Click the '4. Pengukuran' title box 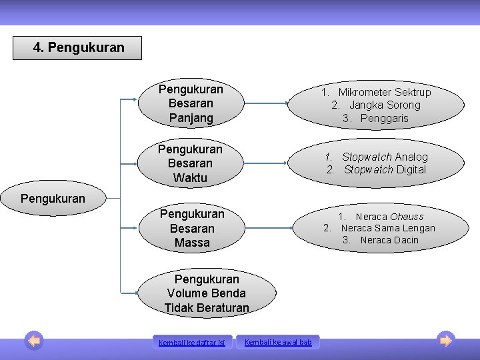(x=77, y=48)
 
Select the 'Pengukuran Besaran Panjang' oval (x=191, y=103)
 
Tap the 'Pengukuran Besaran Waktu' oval (x=191, y=163)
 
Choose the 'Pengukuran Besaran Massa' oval (x=192, y=229)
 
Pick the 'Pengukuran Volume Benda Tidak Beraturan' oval (x=207, y=293)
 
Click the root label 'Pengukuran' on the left (x=53, y=198)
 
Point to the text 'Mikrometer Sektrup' (x=384, y=92)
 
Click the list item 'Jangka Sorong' (x=385, y=105)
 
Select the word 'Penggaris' (x=384, y=118)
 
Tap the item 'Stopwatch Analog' (x=385, y=157)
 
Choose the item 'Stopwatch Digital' (x=385, y=169)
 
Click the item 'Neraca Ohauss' (x=389, y=216)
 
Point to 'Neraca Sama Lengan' (x=387, y=228)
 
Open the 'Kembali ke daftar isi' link (x=192, y=343)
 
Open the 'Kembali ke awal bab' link (x=278, y=342)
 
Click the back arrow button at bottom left (x=34, y=341)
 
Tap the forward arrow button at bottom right (x=446, y=341)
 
